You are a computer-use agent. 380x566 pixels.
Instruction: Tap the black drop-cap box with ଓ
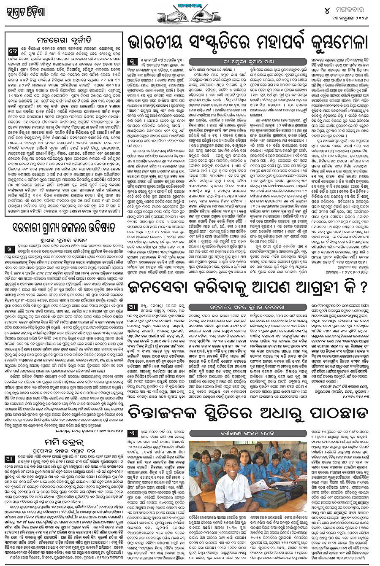9,249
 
